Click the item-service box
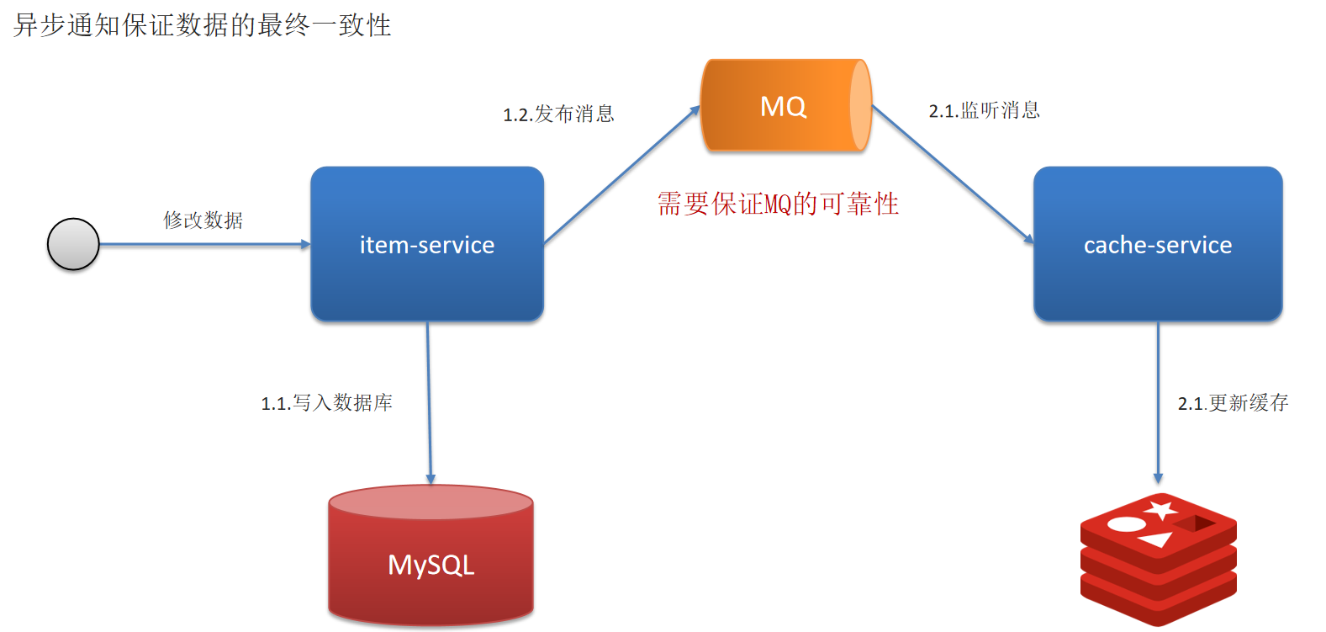427,244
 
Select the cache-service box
1157,244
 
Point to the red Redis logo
1158,559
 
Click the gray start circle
73,244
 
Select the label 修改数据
203,220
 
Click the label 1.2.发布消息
559,114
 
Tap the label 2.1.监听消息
984,111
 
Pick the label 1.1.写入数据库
326,403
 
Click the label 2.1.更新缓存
1233,403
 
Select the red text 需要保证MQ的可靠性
778,204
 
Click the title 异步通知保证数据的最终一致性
203,25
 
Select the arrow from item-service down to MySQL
429,404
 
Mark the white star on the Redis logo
1161,510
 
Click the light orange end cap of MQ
860,106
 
